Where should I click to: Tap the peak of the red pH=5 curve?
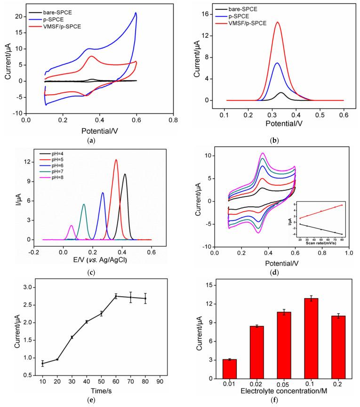tap(116, 160)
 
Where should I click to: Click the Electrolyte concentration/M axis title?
tap(279, 391)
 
